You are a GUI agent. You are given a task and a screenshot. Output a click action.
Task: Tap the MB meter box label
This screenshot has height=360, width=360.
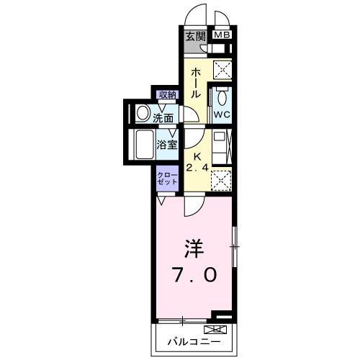[221, 35]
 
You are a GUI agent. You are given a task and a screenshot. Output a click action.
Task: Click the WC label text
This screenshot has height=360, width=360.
[220, 114]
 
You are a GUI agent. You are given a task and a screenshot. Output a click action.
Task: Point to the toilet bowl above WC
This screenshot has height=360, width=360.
[221, 97]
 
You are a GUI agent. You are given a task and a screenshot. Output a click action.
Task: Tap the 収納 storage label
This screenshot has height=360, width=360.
[168, 94]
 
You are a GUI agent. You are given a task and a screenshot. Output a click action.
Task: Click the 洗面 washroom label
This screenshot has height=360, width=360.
[163, 117]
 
